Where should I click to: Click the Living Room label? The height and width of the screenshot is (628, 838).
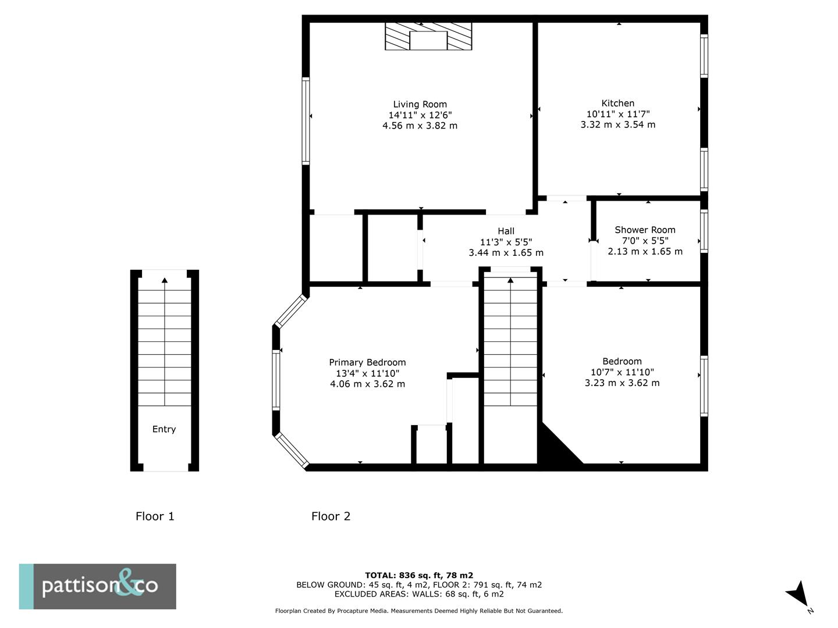(420, 105)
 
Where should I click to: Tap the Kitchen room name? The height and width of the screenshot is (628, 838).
(617, 104)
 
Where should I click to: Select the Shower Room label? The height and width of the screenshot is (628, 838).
(645, 230)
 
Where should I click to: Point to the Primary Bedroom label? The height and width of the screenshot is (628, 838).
(367, 362)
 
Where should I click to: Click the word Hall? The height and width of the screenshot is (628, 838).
(506, 231)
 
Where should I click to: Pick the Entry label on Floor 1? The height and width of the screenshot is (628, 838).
(164, 429)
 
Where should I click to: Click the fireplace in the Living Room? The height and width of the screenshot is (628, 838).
(428, 37)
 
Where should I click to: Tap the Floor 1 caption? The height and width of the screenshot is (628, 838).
(155, 516)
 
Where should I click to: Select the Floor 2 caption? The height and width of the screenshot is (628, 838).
(331, 516)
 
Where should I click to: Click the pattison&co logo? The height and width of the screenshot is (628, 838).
(98, 586)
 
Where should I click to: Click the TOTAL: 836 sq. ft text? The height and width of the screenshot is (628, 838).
(419, 576)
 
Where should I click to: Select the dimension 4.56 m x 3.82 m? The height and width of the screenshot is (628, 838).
(420, 126)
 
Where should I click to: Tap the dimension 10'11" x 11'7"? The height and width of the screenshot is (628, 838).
(617, 115)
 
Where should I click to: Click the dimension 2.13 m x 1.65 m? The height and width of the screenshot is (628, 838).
(645, 251)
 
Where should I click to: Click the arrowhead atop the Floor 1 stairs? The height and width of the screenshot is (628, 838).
(165, 281)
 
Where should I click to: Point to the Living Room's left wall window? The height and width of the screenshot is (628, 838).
(306, 121)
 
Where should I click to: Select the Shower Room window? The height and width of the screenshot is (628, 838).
(704, 231)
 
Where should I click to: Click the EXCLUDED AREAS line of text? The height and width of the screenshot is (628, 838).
(419, 594)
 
